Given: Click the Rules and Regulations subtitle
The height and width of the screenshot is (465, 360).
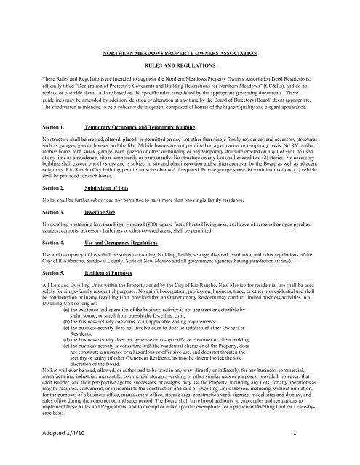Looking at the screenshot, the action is point(180,62).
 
